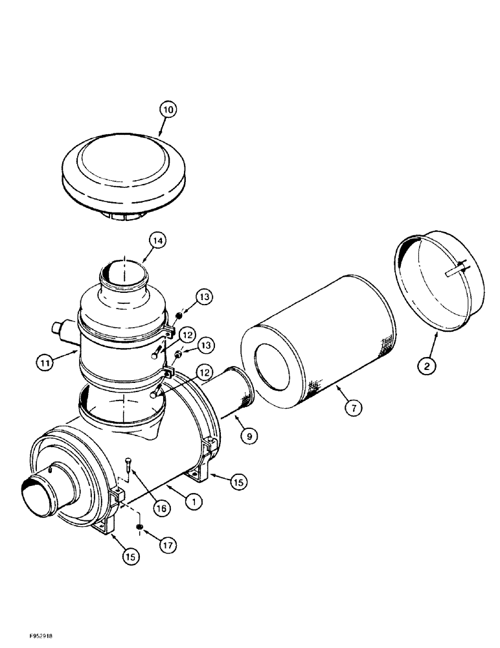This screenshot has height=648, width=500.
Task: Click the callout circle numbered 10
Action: point(167,111)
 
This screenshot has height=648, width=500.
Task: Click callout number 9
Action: point(247,437)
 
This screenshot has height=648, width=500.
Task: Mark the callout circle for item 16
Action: point(161,509)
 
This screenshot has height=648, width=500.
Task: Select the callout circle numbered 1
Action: point(193,500)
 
